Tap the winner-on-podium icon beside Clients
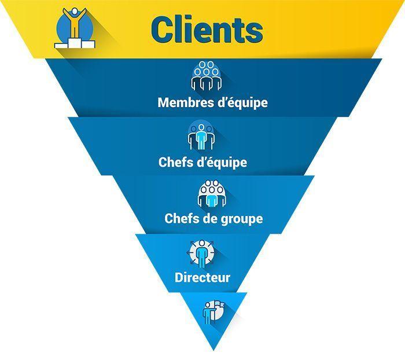click(73, 27)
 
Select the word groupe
click(240, 219)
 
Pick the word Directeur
click(203, 278)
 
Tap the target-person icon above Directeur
click(201, 252)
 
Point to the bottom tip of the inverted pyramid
click(213, 350)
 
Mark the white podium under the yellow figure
click(73, 43)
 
